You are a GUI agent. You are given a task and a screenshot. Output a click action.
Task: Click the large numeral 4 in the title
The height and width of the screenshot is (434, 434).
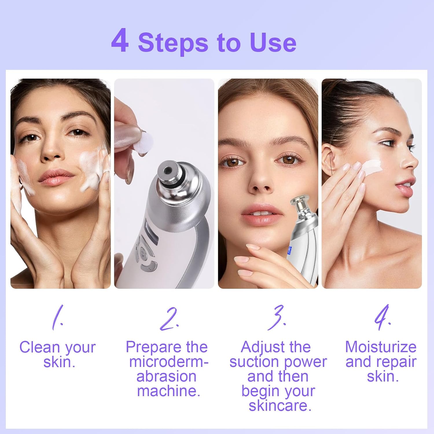tap(120, 41)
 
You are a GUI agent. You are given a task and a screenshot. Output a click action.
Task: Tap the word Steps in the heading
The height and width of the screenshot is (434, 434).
tap(173, 43)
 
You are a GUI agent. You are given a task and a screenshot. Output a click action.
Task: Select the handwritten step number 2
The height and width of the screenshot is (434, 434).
tap(169, 319)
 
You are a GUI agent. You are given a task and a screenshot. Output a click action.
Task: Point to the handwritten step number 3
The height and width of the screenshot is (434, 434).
tap(277, 318)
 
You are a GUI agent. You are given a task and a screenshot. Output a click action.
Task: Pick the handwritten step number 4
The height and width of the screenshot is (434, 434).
tap(382, 318)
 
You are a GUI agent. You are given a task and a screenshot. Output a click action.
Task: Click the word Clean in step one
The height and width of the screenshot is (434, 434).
tap(40, 347)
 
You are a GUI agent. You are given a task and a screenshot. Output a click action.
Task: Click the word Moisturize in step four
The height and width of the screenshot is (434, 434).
tap(380, 347)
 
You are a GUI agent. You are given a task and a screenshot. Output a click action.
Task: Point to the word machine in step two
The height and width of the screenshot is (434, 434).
tap(168, 391)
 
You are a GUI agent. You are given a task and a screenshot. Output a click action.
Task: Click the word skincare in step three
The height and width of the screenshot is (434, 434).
tap(280, 405)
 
